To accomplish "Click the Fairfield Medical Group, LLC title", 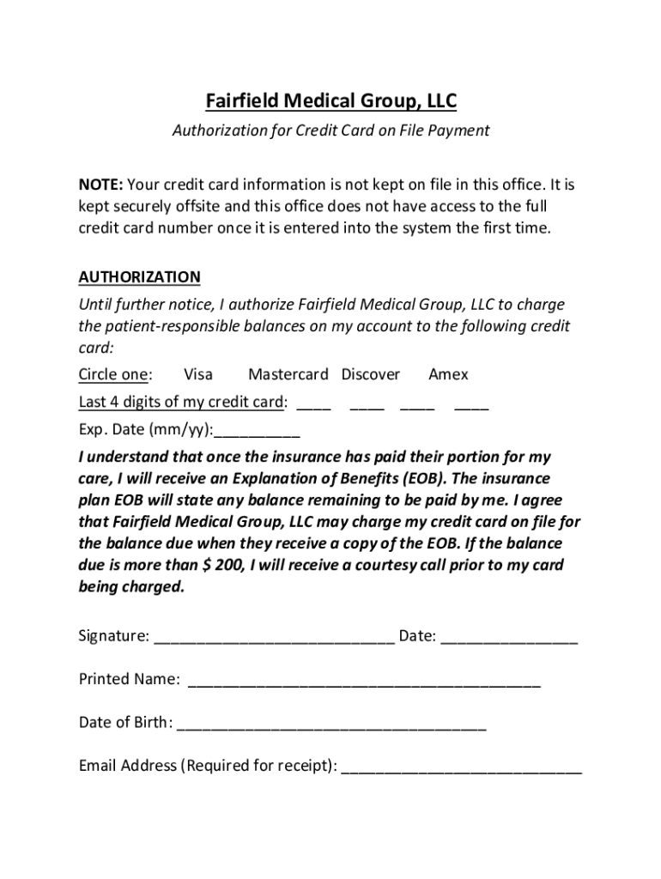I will coord(330,102).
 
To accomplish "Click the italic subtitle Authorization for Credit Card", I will coord(330,130).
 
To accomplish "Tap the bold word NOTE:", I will coord(101,185).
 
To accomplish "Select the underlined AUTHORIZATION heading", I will coord(139,276).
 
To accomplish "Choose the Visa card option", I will coord(198,374).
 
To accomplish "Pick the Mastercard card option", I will coord(288,374).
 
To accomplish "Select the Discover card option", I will coord(370,374).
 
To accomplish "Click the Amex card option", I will coord(448,374).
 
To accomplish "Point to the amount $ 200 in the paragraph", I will coord(219,566).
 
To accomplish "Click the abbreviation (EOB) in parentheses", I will coord(479,478).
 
